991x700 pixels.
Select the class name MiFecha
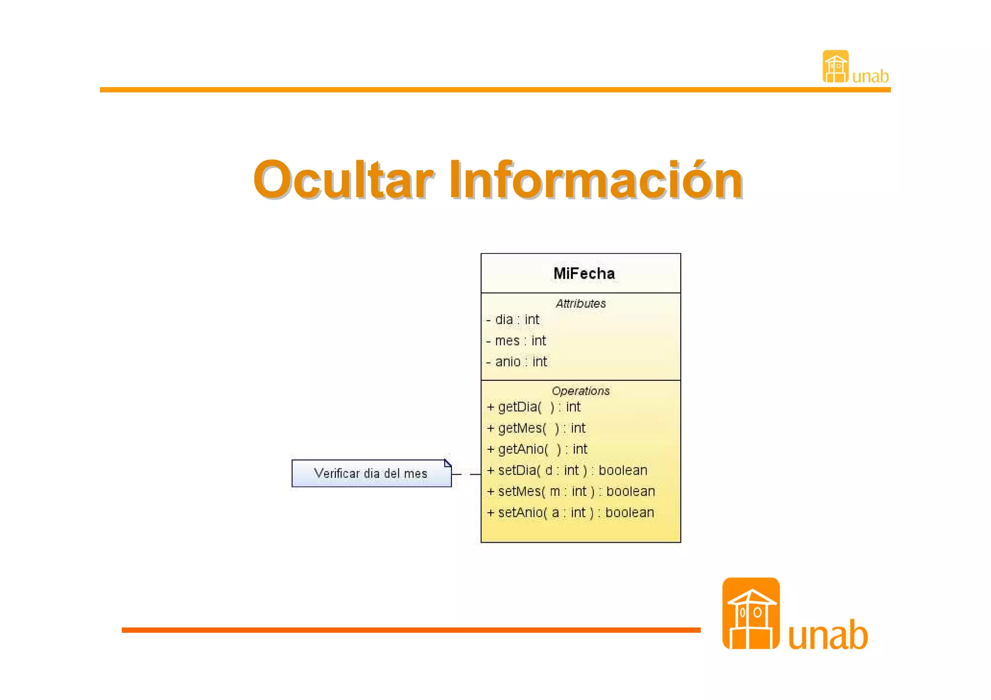[x=584, y=274]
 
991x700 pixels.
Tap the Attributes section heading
[x=580, y=304]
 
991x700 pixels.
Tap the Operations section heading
[x=580, y=391]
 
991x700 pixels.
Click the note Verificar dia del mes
[x=371, y=474]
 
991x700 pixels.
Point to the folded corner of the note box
[x=448, y=463]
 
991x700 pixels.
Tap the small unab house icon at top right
[x=835, y=67]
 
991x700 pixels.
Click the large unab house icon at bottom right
[x=751, y=613]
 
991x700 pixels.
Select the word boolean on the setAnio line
[x=630, y=513]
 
